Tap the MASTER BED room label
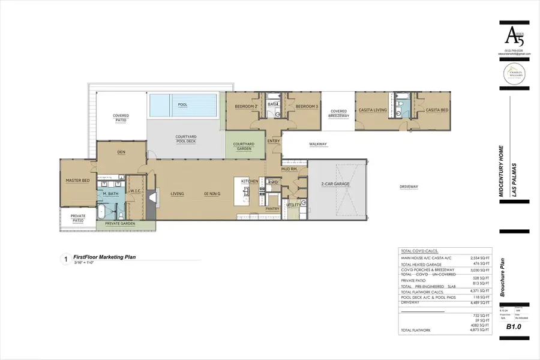point(77,181)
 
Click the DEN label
point(121,152)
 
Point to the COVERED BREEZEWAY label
point(338,113)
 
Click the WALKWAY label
point(317,144)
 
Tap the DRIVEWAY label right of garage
point(409,187)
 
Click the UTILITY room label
point(293,205)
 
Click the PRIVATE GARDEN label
point(120,224)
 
